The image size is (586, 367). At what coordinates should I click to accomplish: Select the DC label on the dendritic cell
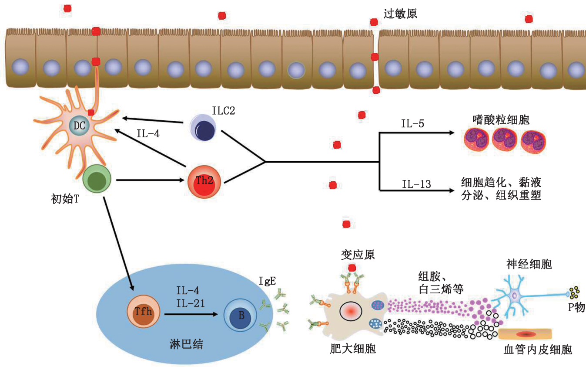pos(79,126)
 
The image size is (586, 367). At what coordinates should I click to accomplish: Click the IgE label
pos(267,281)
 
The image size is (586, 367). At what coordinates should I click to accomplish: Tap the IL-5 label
pos(412,124)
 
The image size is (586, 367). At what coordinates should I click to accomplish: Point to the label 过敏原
pos(400,14)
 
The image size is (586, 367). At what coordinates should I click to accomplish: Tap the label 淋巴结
pos(186,344)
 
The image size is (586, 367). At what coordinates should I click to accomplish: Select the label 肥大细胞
pos(353,349)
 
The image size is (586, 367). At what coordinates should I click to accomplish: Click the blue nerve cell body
pos(515,296)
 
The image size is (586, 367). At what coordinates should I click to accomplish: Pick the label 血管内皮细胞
pos(537,350)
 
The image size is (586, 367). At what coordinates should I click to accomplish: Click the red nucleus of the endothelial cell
pos(526,334)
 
